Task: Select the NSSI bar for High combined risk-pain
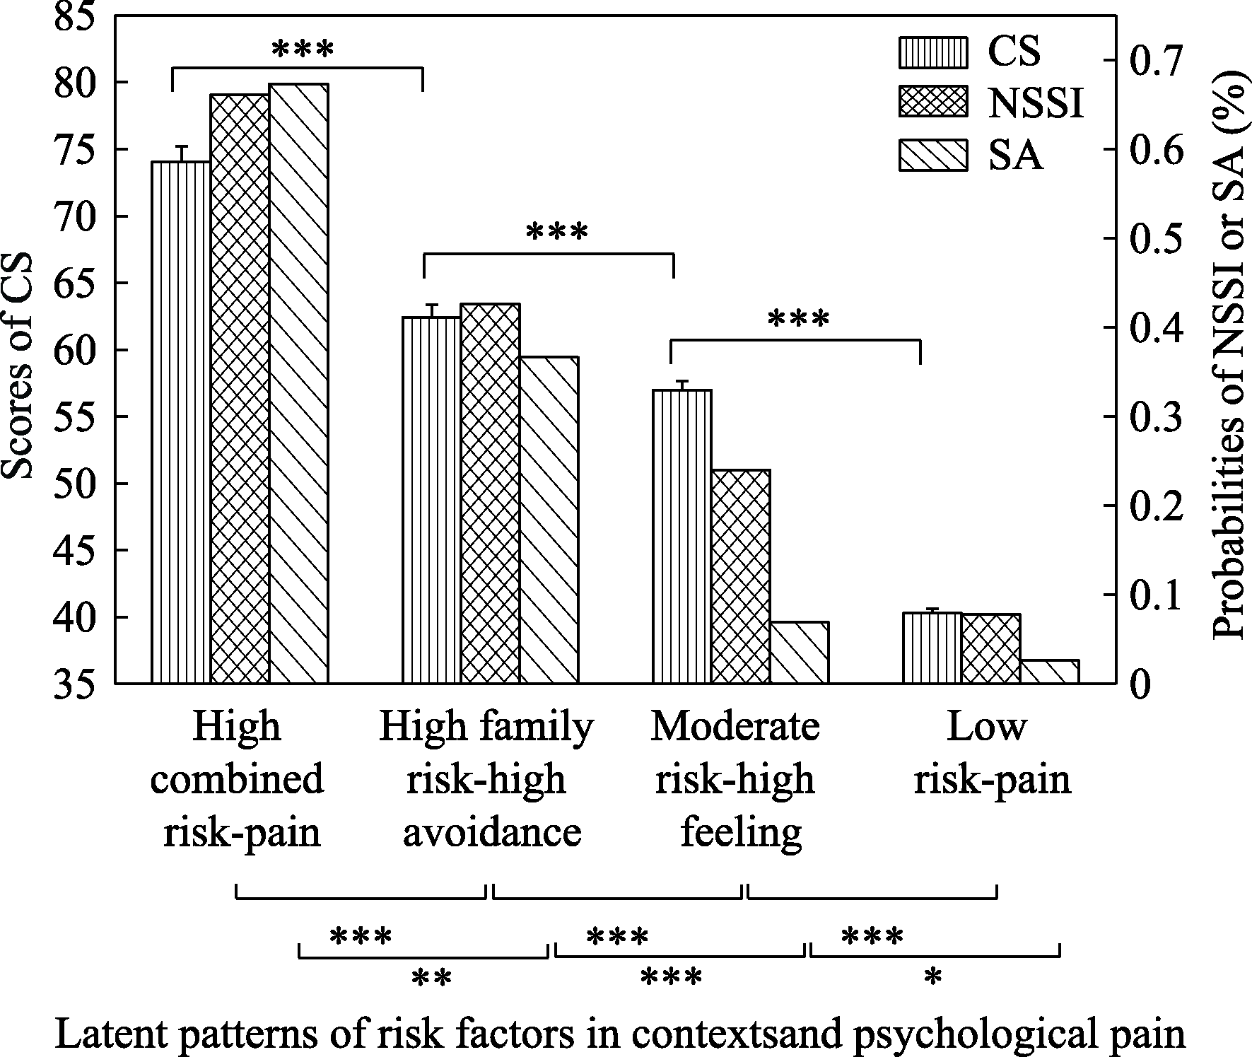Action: click(x=240, y=389)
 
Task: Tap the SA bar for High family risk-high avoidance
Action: click(x=549, y=520)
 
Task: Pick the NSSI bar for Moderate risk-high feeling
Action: click(x=740, y=576)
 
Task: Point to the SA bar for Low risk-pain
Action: click(x=1050, y=672)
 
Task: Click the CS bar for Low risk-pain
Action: click(x=932, y=648)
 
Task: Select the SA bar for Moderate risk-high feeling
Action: click(x=799, y=653)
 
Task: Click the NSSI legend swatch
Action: click(x=932, y=103)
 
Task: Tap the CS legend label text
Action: click(x=1014, y=52)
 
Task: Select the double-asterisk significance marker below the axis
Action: click(x=431, y=979)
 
